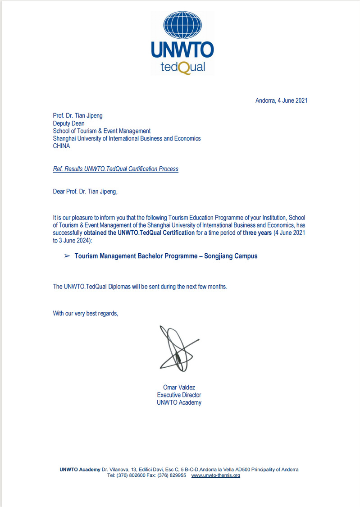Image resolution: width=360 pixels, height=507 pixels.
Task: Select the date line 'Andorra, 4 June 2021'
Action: [x=281, y=100]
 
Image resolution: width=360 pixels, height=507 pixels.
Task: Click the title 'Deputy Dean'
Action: [x=68, y=123]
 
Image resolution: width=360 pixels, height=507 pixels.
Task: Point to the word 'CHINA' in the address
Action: [x=62, y=146]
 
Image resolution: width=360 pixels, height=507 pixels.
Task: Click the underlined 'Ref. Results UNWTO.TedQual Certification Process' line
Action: [x=116, y=169]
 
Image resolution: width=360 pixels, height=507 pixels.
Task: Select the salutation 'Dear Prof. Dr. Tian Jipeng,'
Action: [x=85, y=192]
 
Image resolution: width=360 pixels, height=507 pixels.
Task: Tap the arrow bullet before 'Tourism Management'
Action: [x=67, y=256]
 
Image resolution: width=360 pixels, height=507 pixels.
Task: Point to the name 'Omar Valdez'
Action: [x=179, y=387]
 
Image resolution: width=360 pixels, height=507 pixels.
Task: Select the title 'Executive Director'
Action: [x=179, y=395]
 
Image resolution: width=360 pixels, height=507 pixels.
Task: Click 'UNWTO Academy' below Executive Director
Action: [x=179, y=402]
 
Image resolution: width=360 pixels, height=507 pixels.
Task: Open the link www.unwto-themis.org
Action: [x=216, y=475]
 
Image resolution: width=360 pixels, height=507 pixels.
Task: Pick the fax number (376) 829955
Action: [x=172, y=475]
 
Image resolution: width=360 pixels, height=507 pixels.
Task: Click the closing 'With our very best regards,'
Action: [x=86, y=313]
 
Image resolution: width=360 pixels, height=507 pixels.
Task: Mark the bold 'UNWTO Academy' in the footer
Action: [x=80, y=469]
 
